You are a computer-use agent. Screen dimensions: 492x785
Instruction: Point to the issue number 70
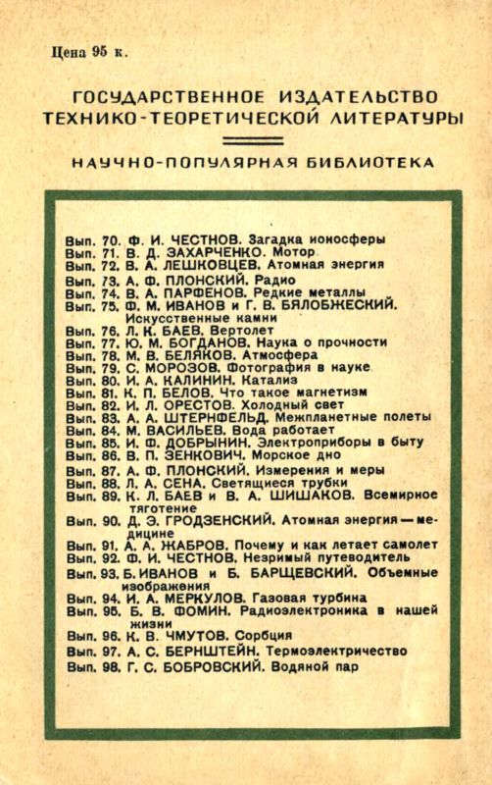click(x=110, y=238)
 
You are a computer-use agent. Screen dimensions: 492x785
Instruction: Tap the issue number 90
click(x=110, y=518)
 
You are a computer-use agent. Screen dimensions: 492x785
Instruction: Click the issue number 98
click(x=110, y=666)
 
